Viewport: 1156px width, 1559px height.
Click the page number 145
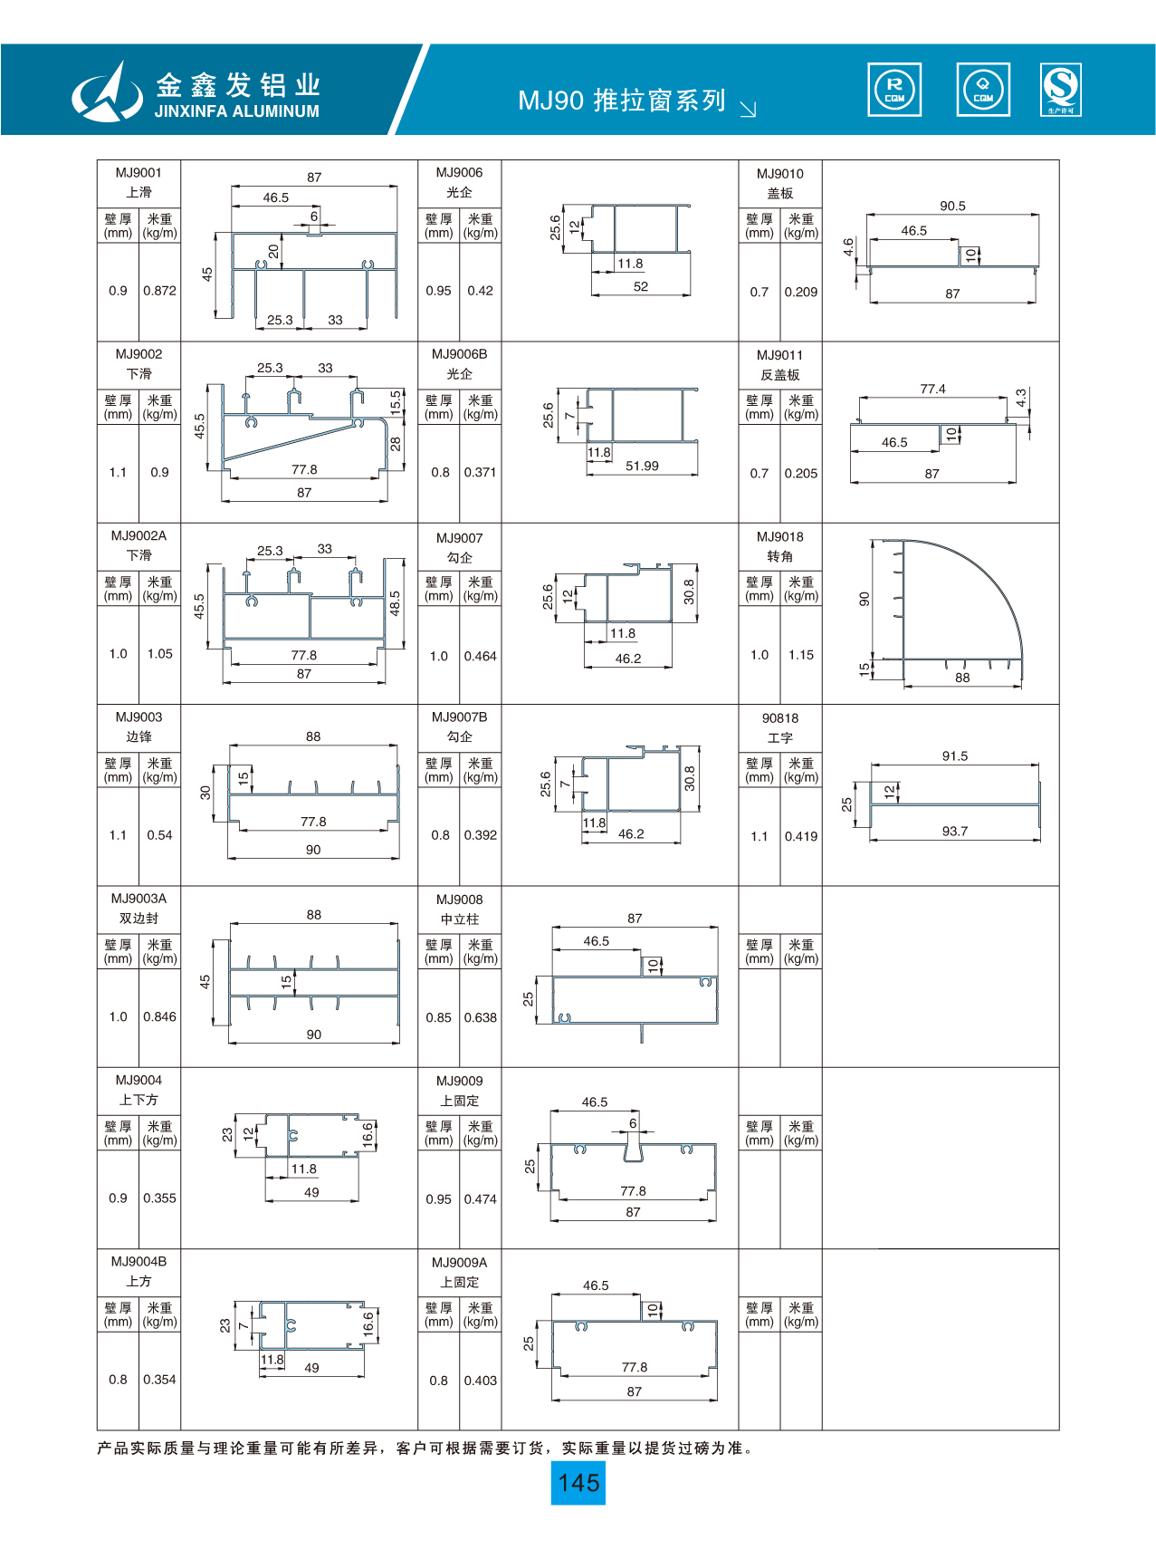coord(578,1483)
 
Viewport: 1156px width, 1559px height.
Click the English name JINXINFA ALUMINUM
coord(237,111)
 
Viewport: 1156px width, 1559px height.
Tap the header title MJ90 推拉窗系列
coord(622,101)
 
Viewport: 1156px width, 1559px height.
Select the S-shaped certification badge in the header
coord(1061,90)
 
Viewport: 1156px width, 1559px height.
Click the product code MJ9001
coord(139,172)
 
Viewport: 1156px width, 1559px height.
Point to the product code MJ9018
coord(780,536)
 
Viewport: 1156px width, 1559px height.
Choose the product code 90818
coord(780,718)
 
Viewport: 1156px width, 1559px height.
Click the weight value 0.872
coord(159,291)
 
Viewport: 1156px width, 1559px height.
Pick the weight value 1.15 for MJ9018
coord(801,654)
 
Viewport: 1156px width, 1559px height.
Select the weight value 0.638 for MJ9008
coord(481,1017)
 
